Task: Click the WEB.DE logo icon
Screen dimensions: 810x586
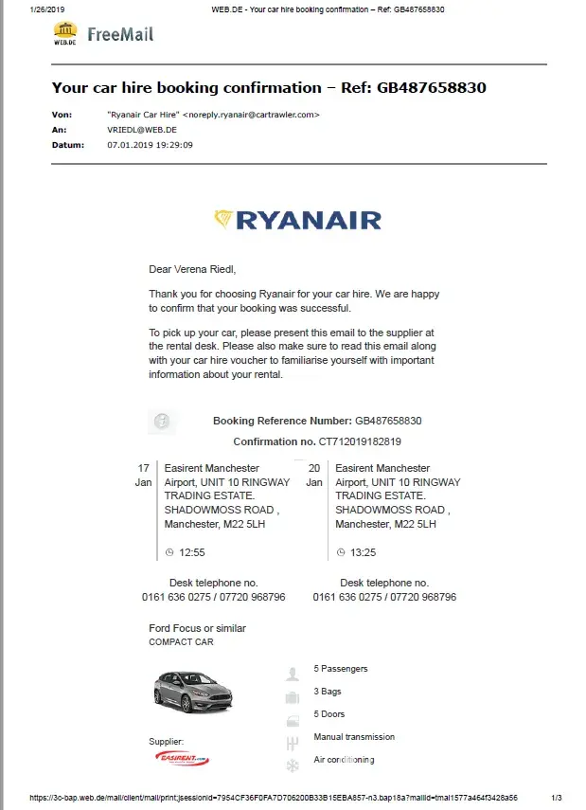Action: (x=64, y=34)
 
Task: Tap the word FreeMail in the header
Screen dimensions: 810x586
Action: (x=120, y=35)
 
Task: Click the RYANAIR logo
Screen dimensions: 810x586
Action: (x=297, y=221)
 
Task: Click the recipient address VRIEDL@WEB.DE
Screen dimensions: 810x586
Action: (x=142, y=130)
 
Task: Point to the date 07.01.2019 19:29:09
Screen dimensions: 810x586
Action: (x=151, y=145)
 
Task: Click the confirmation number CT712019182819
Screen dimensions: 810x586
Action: (x=359, y=441)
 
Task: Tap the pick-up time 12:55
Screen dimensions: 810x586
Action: (x=191, y=551)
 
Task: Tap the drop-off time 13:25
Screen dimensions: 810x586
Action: (x=363, y=551)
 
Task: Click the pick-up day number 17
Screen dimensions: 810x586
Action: (x=144, y=468)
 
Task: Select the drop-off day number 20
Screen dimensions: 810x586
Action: (x=314, y=468)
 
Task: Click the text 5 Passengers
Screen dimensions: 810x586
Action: (x=340, y=669)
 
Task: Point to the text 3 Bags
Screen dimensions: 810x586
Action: (x=328, y=692)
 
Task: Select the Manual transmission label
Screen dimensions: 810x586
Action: (x=354, y=737)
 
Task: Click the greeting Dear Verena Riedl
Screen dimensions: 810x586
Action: (x=190, y=270)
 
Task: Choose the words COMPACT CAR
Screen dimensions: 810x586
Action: (x=181, y=642)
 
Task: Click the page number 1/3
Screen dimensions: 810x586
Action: (x=556, y=798)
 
